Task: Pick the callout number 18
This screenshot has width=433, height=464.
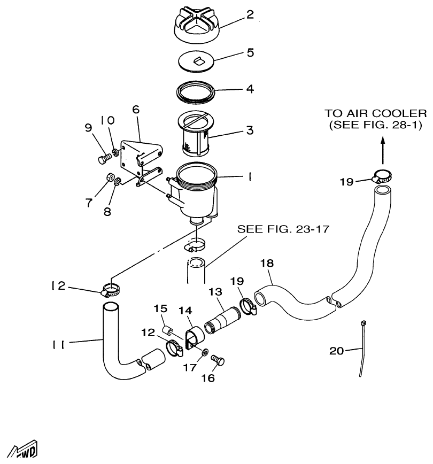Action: (267, 263)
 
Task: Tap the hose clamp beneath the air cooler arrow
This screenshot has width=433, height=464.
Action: (381, 175)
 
